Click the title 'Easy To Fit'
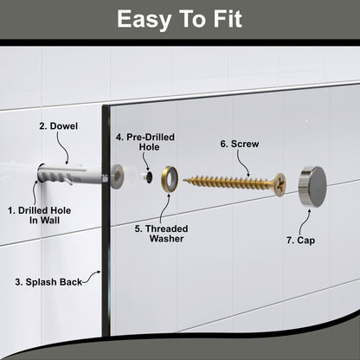click(180, 19)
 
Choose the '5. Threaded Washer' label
click(162, 235)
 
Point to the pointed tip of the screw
click(185, 181)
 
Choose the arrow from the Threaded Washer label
click(162, 208)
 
